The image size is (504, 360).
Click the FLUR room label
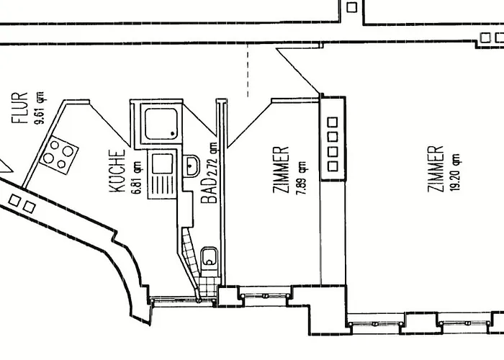pos(19,107)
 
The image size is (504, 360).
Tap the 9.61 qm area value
pos(41,107)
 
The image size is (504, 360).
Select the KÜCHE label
pos(119,171)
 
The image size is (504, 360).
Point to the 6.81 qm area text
pos(134,174)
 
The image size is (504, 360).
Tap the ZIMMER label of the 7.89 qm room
pos(282,171)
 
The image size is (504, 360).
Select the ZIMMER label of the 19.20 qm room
pos(435,169)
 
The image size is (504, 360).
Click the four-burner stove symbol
pos(59,153)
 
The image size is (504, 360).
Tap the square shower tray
pos(161,123)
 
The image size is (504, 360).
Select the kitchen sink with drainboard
pos(161,174)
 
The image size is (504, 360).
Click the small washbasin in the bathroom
pos(193,166)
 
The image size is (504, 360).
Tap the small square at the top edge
pos(352,7)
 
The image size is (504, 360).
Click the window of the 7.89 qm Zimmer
pos(264,294)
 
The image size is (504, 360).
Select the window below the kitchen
pos(171,297)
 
